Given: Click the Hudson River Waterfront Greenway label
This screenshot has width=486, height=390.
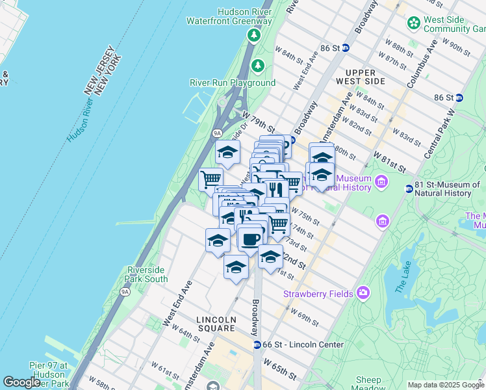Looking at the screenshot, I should tap(229, 16).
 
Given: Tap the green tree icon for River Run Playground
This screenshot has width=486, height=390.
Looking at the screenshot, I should tap(258, 66).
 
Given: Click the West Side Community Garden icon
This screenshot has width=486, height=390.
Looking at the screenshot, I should tap(413, 24).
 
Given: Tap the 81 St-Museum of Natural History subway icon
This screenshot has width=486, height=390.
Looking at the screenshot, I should tap(409, 188).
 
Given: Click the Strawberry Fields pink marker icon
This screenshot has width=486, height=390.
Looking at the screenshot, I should tap(363, 294).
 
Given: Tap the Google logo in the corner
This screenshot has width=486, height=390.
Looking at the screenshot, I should tap(21, 383).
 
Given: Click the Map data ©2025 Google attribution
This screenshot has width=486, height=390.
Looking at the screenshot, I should tap(445, 385).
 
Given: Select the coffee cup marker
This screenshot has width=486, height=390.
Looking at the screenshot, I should tap(251, 238).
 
